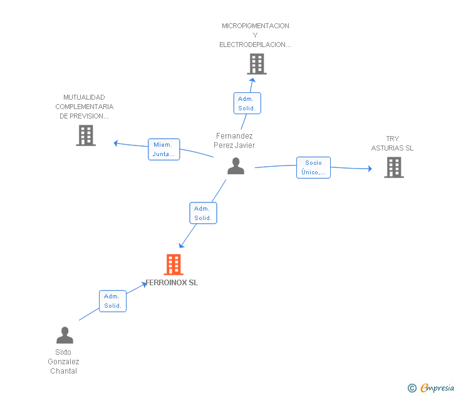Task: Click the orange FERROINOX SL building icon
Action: click(x=173, y=265)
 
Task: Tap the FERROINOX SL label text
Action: click(x=172, y=283)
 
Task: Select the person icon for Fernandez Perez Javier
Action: click(x=236, y=166)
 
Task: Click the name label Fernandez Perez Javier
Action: click(x=234, y=140)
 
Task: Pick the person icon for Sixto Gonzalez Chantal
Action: click(x=65, y=335)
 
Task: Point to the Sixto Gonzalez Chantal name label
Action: click(x=63, y=362)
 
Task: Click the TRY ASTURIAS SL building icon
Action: click(x=393, y=167)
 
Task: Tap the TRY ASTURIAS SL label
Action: click(x=392, y=144)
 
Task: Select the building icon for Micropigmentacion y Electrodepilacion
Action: click(x=256, y=64)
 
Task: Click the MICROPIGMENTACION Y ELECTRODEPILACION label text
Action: click(x=255, y=35)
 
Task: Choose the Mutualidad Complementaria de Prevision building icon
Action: click(x=86, y=135)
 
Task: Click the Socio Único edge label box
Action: click(x=313, y=167)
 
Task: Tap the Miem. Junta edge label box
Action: click(x=163, y=149)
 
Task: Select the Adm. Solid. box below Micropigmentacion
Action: click(x=247, y=103)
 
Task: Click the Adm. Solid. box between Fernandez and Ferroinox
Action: click(x=203, y=213)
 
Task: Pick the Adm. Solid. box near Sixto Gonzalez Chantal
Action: click(x=113, y=301)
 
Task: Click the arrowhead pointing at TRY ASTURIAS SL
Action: click(x=370, y=169)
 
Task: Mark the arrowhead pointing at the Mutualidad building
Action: click(x=116, y=143)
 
